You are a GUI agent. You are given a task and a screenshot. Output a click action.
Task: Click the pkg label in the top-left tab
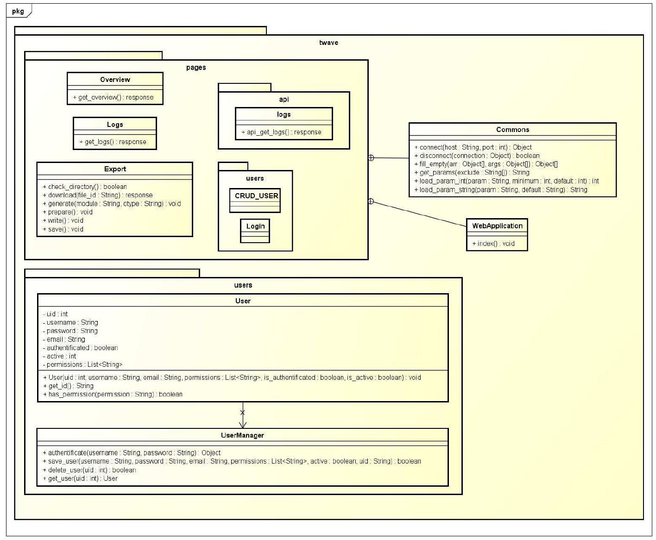(18, 11)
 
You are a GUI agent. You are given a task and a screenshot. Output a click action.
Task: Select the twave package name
(328, 43)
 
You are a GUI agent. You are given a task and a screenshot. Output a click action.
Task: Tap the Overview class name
(115, 80)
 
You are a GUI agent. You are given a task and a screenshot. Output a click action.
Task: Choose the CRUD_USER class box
(255, 200)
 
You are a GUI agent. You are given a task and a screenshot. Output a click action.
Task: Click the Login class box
(255, 230)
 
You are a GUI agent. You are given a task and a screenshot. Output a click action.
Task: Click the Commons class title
(512, 130)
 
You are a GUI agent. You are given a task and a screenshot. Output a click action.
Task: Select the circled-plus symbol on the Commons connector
(371, 158)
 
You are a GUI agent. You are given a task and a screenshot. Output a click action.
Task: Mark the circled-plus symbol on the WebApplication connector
(371, 201)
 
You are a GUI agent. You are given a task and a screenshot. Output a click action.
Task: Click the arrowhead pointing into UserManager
(243, 425)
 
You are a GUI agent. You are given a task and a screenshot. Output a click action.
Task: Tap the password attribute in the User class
(72, 331)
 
